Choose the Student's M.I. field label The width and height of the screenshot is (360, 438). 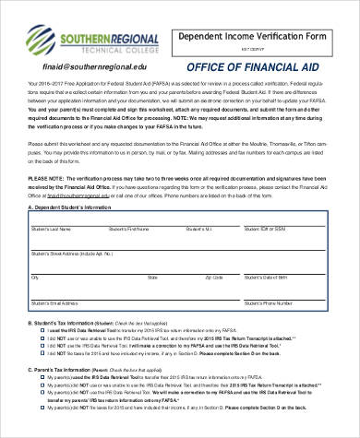pos(199,227)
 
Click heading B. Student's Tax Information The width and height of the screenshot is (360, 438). pos(69,324)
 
